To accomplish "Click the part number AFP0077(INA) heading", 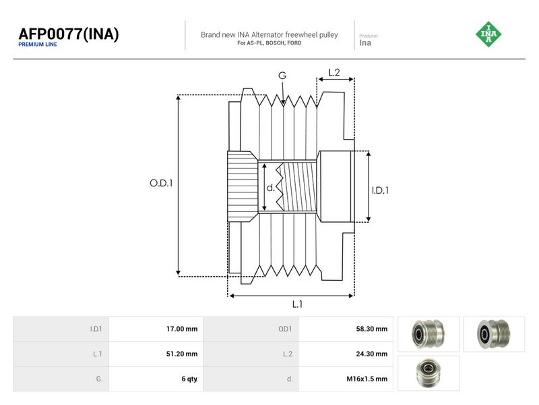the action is click(69, 34).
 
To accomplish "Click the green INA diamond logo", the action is click(488, 34).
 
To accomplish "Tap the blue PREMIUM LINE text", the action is click(38, 45).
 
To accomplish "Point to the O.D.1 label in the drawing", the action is click(161, 183).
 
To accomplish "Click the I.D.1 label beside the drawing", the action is click(380, 190).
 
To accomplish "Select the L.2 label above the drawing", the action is click(334, 72).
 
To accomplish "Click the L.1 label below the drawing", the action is click(297, 304).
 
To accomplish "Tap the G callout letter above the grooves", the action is click(282, 76).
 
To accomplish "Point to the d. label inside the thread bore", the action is click(271, 188).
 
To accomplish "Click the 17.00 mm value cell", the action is click(156, 329).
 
